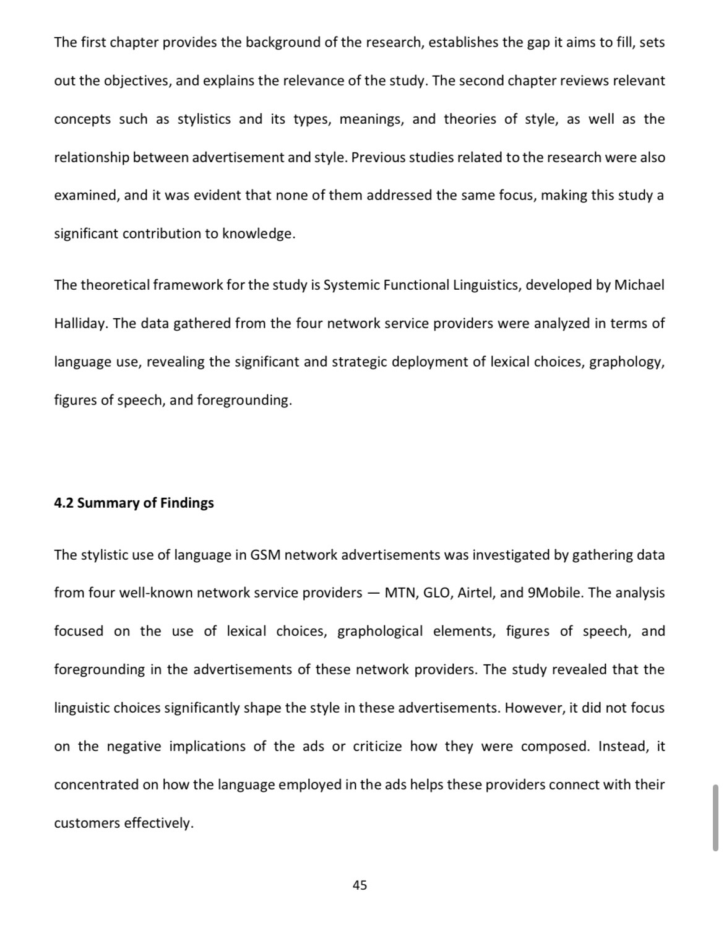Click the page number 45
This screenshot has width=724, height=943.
click(360, 885)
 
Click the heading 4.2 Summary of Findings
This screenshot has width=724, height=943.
click(134, 503)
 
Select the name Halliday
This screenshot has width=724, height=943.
click(79, 324)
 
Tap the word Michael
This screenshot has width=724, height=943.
click(639, 285)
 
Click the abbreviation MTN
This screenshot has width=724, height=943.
click(400, 593)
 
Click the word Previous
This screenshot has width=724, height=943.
click(377, 158)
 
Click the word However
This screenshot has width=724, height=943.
click(533, 708)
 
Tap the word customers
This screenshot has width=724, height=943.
click(87, 823)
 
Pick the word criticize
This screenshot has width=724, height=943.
click(377, 747)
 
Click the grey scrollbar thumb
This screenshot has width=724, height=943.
click(715, 817)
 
